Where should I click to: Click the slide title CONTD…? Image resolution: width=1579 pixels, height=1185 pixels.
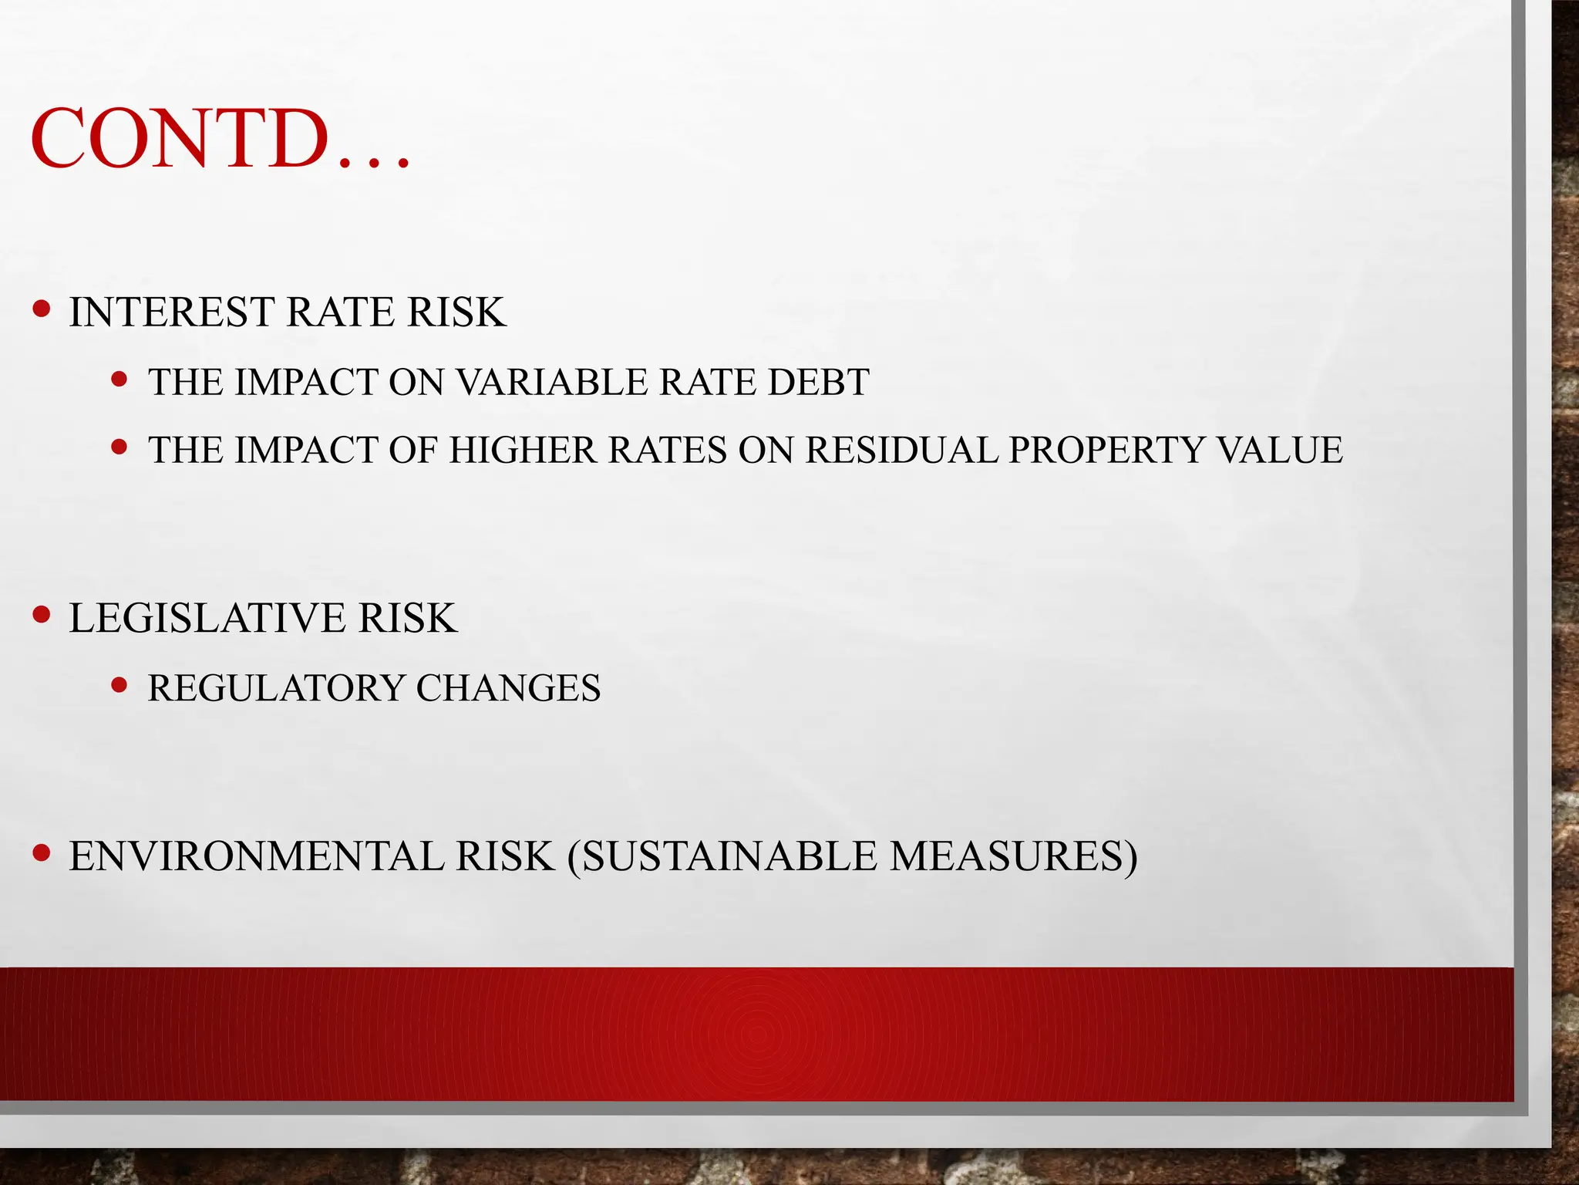(221, 140)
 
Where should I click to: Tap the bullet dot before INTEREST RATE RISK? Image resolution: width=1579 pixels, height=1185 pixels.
(42, 309)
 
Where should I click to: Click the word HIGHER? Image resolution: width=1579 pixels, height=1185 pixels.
(523, 450)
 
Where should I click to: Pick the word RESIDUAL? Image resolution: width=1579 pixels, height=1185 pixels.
(901, 450)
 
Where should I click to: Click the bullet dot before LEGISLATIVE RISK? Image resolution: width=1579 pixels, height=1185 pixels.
(42, 615)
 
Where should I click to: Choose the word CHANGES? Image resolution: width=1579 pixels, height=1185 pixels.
(508, 687)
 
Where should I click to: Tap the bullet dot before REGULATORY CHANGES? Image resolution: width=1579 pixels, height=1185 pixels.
(119, 684)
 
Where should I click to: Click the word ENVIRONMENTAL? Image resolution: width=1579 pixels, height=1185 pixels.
(257, 856)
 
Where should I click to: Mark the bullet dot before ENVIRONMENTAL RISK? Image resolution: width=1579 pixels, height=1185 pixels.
(42, 852)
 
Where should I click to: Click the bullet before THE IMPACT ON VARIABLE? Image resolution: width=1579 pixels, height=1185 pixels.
(119, 379)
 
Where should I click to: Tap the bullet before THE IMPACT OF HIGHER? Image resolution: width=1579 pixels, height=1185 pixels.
(119, 447)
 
